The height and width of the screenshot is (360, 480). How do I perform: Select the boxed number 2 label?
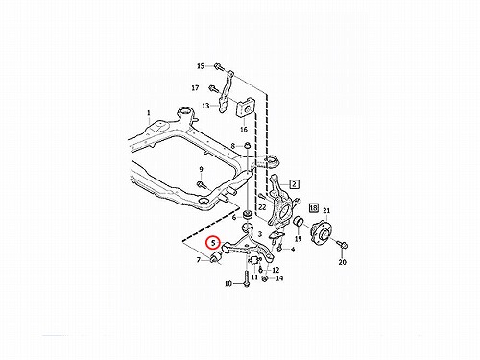point(294,184)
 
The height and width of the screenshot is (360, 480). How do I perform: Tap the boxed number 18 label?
point(314,208)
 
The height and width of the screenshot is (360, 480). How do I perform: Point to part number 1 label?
point(149,113)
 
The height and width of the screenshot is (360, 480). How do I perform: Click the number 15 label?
point(201,66)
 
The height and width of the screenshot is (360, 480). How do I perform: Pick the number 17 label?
point(195,87)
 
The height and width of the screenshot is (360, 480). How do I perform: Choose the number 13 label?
point(205,106)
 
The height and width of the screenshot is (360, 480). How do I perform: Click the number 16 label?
point(244,130)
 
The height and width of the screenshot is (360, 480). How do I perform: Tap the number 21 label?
point(326,211)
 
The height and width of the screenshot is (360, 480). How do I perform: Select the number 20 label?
point(343,262)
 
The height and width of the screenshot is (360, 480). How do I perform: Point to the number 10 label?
point(228,284)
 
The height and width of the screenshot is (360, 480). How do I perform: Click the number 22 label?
point(262,207)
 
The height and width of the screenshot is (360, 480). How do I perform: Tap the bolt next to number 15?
point(218,66)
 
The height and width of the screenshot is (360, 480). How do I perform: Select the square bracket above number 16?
point(245,109)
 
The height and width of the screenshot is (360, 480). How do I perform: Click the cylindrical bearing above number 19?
point(299,222)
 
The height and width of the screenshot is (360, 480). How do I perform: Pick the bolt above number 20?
point(343,245)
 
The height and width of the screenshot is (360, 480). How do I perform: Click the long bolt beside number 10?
point(246,278)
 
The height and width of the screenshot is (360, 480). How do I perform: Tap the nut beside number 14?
point(265,278)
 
